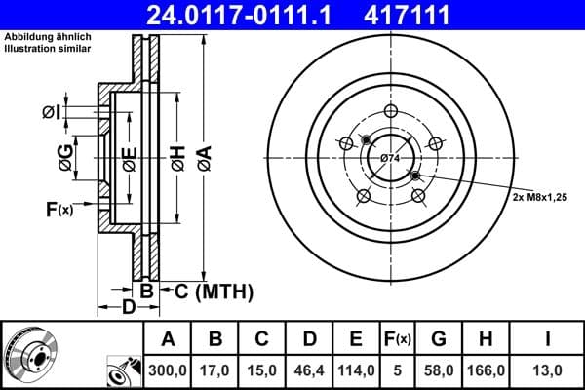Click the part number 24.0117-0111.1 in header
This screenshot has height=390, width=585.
tap(252, 14)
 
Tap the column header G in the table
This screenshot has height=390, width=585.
tap(440, 339)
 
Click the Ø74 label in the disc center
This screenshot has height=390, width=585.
tap(390, 158)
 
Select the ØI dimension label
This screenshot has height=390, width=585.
tap(51, 114)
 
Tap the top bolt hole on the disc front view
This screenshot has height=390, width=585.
tap(390, 110)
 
